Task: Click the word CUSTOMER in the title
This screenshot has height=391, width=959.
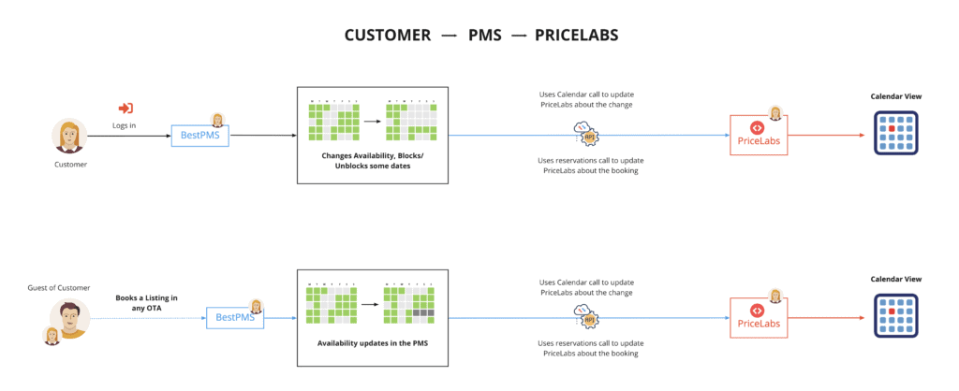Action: (x=388, y=36)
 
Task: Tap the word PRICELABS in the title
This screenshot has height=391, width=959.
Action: (x=576, y=36)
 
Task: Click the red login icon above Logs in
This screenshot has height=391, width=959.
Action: (x=125, y=109)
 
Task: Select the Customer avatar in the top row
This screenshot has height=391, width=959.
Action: (x=69, y=137)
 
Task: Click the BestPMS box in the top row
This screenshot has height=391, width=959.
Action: (x=199, y=137)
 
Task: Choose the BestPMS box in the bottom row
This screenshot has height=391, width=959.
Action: (x=235, y=319)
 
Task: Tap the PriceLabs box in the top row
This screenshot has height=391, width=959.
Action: (x=760, y=137)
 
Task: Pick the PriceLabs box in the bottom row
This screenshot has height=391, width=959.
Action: (x=760, y=319)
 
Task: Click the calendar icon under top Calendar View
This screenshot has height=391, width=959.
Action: (x=895, y=132)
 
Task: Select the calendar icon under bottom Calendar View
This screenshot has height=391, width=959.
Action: (x=895, y=314)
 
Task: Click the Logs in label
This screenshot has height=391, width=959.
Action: (x=125, y=124)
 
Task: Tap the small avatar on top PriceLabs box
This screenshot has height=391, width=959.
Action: (x=775, y=114)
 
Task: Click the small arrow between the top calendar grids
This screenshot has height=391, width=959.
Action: (x=372, y=121)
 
